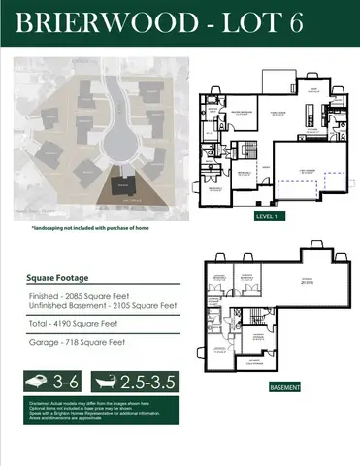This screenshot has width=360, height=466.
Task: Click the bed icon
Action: click(x=40, y=380)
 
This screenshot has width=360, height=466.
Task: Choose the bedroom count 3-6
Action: click(x=66, y=380)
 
